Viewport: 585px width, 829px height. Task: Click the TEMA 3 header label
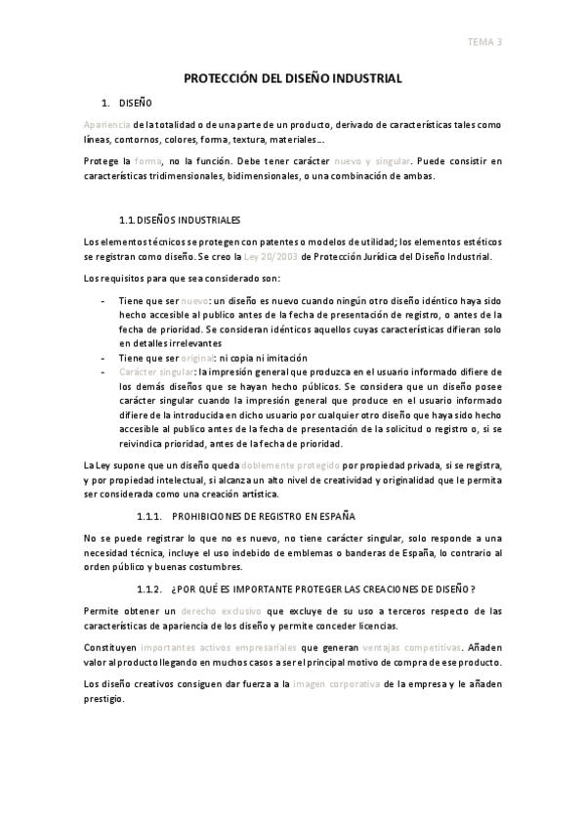(484, 41)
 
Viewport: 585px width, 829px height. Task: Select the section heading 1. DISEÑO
(127, 103)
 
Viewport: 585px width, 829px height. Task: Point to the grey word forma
(147, 160)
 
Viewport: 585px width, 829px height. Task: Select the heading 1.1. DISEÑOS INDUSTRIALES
(179, 220)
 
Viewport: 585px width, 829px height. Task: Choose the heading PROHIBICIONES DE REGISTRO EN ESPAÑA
(263, 514)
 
